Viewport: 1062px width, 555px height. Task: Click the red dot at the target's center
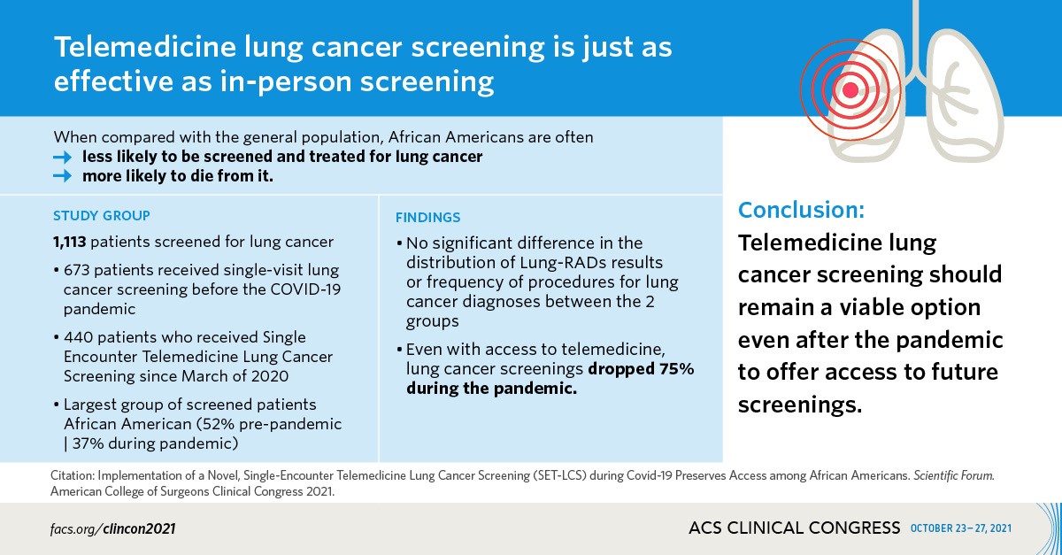[x=851, y=89]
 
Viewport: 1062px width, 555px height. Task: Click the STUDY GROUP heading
[x=101, y=215]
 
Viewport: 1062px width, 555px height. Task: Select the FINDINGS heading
[x=427, y=218]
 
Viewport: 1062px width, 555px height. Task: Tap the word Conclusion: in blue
[x=801, y=210]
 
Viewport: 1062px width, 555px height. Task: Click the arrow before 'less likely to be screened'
[x=62, y=157]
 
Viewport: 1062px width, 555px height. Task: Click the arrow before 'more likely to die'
[x=62, y=176]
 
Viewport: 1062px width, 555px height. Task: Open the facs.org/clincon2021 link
[x=112, y=528]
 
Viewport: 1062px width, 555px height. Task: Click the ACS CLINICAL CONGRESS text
[x=794, y=528]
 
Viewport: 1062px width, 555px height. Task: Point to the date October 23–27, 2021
[x=960, y=528]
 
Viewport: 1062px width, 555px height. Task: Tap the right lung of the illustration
[x=960, y=97]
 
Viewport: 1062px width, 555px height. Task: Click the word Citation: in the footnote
[x=76, y=476]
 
